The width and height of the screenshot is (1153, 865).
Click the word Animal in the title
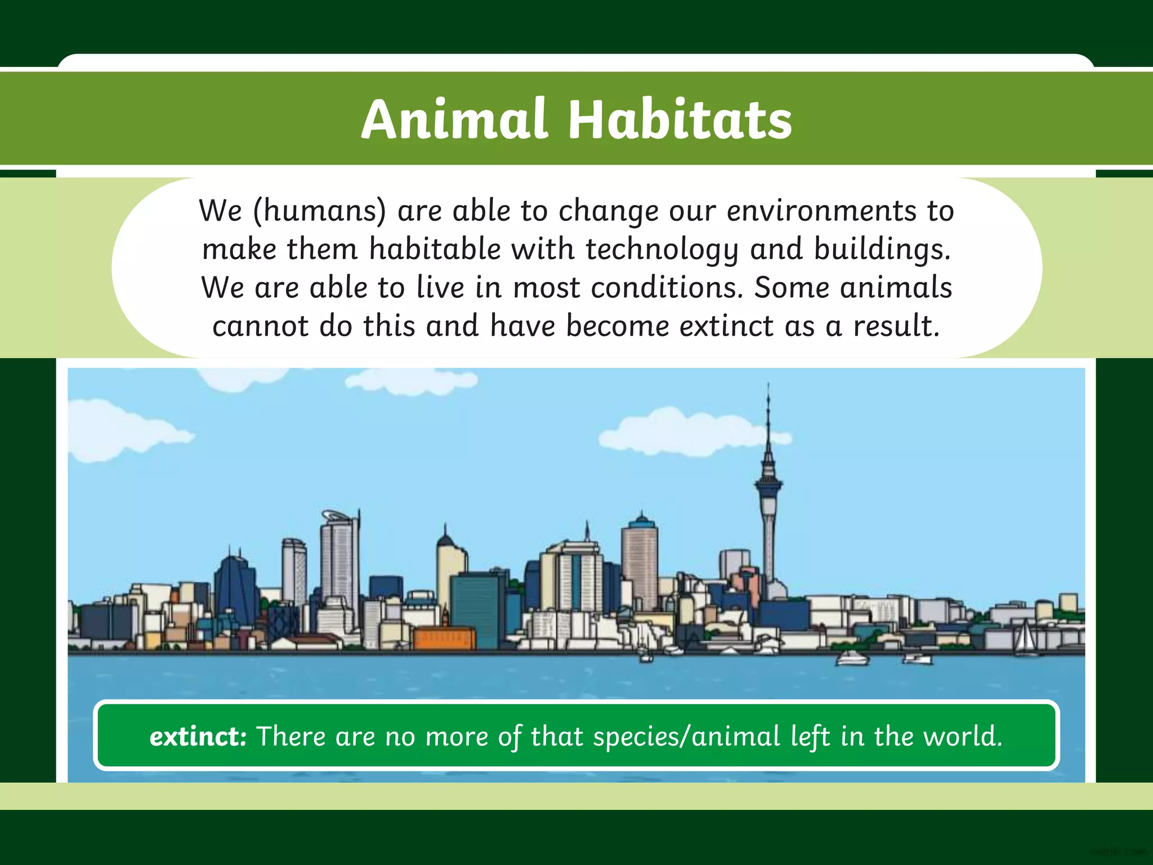(454, 119)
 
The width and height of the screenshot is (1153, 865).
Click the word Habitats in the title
(680, 119)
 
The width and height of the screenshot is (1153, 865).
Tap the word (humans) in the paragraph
(320, 211)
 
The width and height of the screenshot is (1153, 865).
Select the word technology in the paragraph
(662, 249)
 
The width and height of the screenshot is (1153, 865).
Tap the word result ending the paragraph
(896, 326)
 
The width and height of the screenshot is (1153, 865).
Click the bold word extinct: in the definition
(198, 736)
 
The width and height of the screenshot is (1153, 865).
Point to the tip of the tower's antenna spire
(768, 385)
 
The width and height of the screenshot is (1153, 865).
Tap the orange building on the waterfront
(445, 638)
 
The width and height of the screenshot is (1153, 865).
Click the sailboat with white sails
(1026, 638)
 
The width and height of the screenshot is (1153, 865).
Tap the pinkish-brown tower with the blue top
(640, 563)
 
